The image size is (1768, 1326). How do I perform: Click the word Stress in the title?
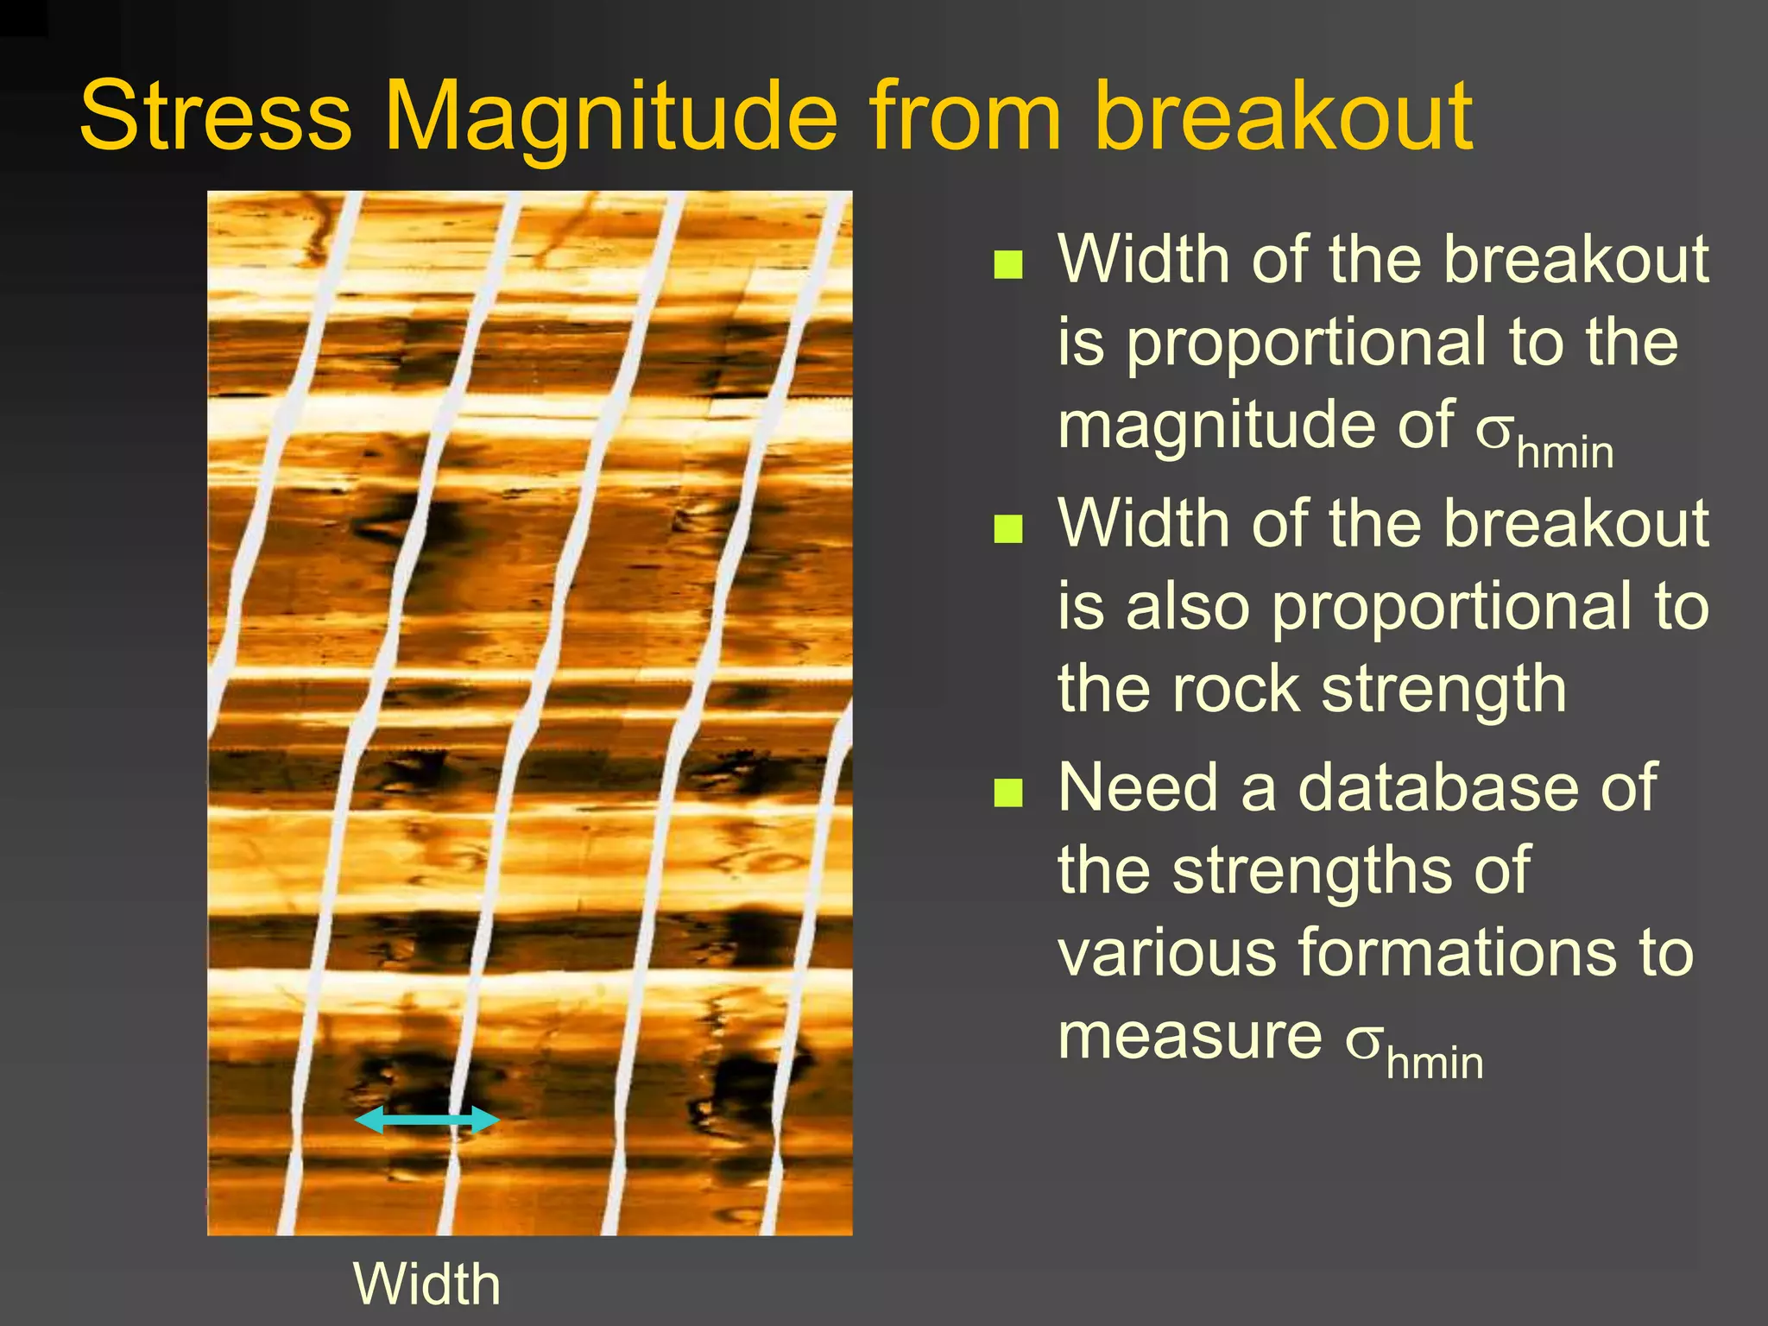click(216, 117)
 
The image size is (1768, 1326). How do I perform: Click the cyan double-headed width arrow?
click(426, 1121)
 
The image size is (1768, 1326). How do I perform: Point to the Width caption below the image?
click(426, 1284)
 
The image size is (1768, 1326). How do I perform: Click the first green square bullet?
click(1007, 265)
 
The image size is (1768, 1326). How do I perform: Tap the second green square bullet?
click(1007, 529)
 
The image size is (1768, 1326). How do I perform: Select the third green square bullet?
click(1007, 792)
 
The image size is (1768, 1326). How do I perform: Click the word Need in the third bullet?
click(1140, 787)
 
